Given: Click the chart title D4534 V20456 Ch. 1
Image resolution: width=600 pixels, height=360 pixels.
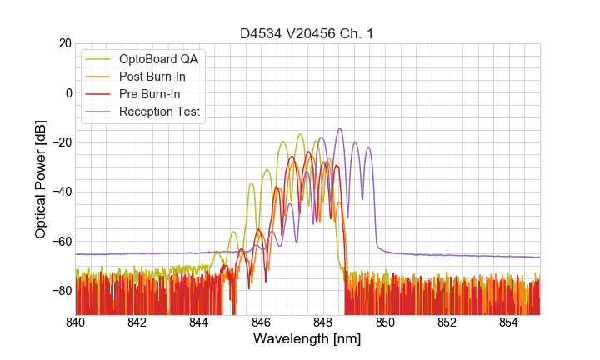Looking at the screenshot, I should (307, 33).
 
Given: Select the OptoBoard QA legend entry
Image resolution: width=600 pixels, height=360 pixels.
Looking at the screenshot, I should (158, 58).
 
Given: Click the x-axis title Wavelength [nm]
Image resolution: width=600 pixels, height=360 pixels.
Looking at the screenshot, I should (307, 339).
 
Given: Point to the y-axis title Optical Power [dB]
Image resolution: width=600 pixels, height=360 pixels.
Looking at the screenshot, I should (41, 179).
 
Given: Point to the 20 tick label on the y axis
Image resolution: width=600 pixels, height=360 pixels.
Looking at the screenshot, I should (63, 43).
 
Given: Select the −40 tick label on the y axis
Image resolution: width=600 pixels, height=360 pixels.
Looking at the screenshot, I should (60, 192).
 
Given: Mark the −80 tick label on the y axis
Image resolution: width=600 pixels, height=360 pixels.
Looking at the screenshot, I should (60, 291).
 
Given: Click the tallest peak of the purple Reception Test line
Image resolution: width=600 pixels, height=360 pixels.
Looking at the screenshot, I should (339, 129).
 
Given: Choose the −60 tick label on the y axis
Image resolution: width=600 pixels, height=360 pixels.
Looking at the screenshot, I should (60, 242).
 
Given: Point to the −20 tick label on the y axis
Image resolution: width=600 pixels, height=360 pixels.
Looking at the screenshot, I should (60, 142).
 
